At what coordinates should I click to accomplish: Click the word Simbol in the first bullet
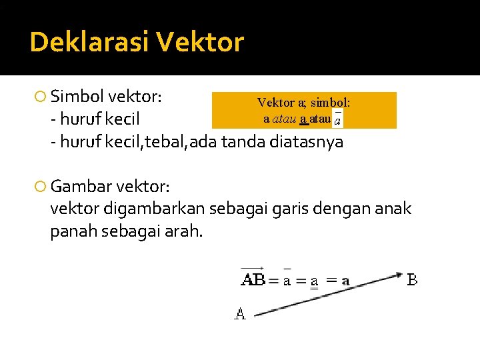pyautogui.click(x=76, y=96)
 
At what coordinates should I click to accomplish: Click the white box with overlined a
pyautogui.click(x=338, y=120)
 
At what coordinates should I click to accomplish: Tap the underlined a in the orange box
pyautogui.click(x=304, y=119)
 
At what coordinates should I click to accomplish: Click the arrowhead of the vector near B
pyautogui.click(x=399, y=274)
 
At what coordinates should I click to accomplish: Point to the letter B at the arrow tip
pyautogui.click(x=413, y=280)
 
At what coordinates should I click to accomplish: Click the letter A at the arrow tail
pyautogui.click(x=240, y=313)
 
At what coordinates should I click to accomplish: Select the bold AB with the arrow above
pyautogui.click(x=252, y=279)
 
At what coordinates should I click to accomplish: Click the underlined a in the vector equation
pyautogui.click(x=311, y=281)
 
